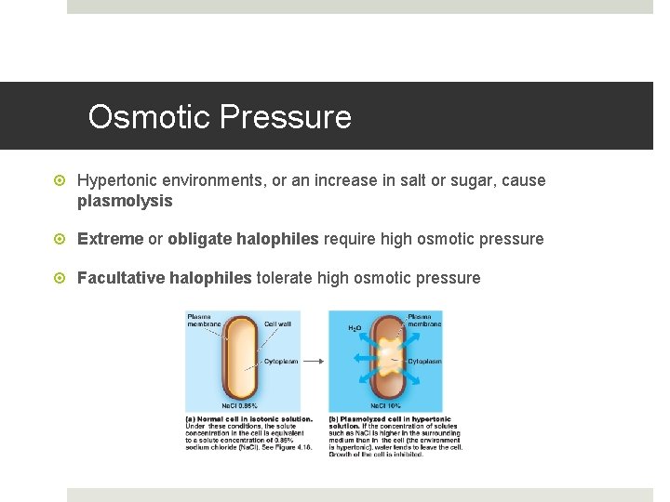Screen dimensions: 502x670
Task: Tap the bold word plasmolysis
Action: point(125,201)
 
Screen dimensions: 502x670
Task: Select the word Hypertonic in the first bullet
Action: point(119,180)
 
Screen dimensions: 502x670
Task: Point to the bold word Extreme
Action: point(111,239)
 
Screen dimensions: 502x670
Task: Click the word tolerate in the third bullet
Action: point(284,278)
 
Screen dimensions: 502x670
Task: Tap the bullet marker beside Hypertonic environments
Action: point(61,180)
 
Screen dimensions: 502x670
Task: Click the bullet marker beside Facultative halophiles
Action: point(61,278)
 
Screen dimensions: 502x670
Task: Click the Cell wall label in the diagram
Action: point(277,324)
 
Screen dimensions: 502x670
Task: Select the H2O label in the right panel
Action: point(355,328)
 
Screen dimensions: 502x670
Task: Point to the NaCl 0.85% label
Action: point(241,406)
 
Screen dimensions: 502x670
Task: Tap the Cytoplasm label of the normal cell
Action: point(281,361)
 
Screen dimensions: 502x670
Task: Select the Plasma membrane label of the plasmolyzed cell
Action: point(424,319)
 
